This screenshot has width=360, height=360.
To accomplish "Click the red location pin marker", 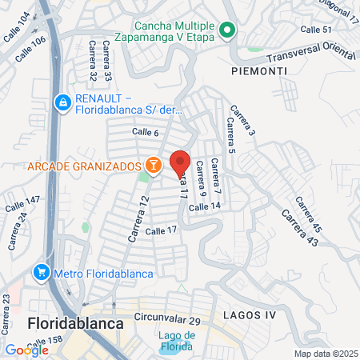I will tap(180, 162).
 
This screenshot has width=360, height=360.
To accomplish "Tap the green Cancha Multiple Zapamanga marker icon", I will tap(227, 31).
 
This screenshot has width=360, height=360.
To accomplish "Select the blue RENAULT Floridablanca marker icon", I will tap(62, 102).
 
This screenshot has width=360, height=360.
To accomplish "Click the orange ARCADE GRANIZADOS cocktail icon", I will tap(152, 166).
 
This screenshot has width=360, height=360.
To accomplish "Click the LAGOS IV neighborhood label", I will tap(249, 314).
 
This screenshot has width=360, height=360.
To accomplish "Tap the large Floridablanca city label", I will tap(75, 324).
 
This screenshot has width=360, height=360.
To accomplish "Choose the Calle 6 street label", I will tap(146, 132).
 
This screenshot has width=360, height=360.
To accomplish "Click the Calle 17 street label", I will tap(161, 230).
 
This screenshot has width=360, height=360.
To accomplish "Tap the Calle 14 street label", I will tap(204, 206).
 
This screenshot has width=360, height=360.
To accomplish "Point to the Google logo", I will tap(26, 350).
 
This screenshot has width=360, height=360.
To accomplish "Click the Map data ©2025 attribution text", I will tap(326, 354).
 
